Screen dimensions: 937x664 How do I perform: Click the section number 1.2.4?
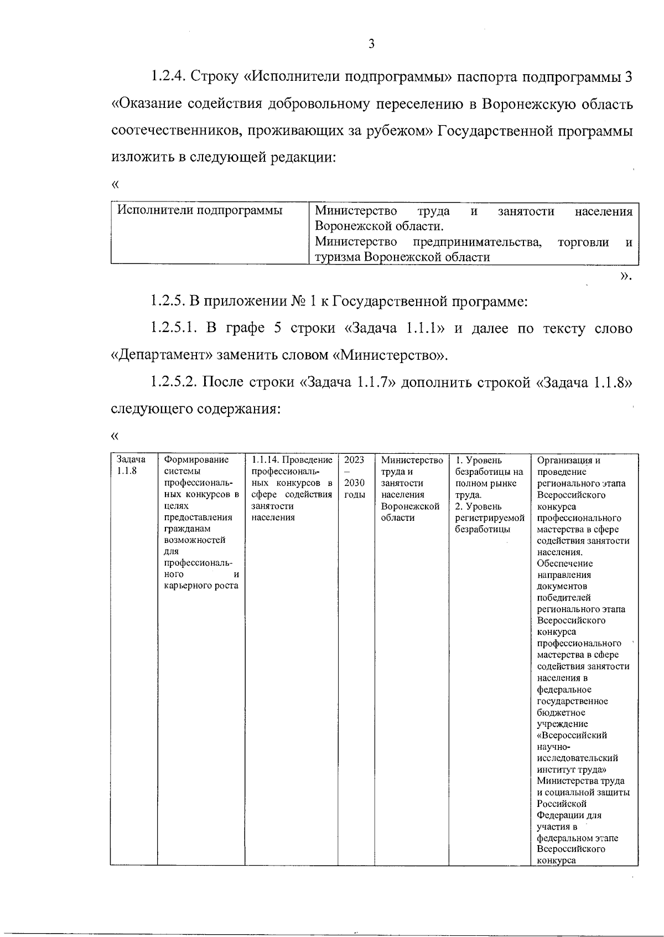168,76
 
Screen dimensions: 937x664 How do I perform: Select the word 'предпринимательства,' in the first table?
477,242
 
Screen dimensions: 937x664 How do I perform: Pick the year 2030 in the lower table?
354,483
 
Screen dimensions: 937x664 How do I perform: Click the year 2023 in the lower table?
354,460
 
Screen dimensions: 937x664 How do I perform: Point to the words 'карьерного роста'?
201,586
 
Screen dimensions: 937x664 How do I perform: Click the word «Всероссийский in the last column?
572,735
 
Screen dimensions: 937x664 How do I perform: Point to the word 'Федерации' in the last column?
561,815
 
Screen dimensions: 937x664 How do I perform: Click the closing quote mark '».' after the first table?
625,276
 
